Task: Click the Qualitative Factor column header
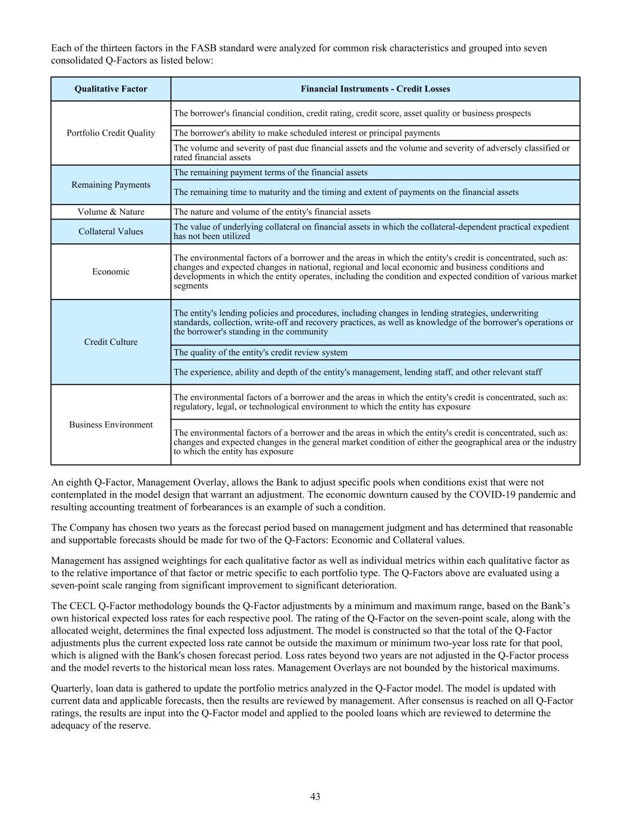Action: (x=111, y=89)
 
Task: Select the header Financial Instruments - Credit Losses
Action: (x=375, y=89)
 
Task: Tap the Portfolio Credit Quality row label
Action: (x=111, y=133)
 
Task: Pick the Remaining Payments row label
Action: (x=111, y=185)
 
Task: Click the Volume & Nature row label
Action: (x=111, y=212)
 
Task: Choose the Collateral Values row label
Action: (x=111, y=231)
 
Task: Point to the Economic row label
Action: (x=111, y=272)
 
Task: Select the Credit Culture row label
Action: (x=111, y=342)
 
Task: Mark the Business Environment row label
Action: (x=111, y=424)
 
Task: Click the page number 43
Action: (x=315, y=796)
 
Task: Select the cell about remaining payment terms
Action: (x=270, y=173)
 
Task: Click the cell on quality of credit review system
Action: (x=260, y=353)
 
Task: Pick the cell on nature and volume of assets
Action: (x=272, y=212)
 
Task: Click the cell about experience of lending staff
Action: (x=357, y=372)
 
